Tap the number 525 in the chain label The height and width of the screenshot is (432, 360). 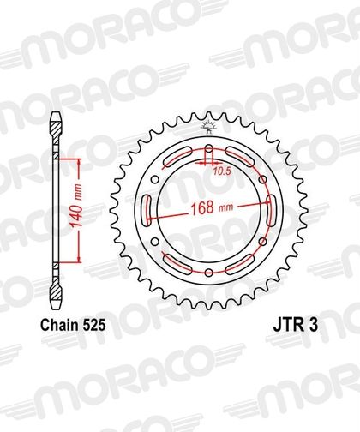(93, 325)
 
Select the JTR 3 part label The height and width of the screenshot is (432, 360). (296, 325)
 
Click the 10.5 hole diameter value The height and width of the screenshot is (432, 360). (221, 171)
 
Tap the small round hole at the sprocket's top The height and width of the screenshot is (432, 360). (209, 149)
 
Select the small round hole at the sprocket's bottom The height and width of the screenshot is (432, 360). (209, 273)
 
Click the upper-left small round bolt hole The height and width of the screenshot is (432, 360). (155, 180)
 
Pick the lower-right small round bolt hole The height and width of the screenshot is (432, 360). (262, 242)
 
